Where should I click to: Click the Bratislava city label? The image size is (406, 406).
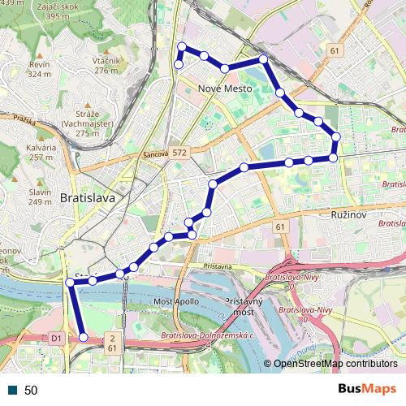coord(87,197)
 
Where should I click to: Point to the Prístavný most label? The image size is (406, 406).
coord(240,306)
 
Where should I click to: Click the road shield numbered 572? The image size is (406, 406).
coord(179,152)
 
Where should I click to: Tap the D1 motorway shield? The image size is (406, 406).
coord(56,337)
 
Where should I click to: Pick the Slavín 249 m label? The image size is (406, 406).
coord(40,196)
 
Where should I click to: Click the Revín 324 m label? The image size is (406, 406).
coord(39,69)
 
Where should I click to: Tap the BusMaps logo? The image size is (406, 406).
coord(368,389)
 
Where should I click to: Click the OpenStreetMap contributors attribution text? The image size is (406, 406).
coord(335,364)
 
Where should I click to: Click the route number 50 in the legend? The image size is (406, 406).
coord(31,390)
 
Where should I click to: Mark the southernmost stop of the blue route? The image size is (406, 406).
coord(84,337)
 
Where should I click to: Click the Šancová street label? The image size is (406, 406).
coord(154,154)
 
